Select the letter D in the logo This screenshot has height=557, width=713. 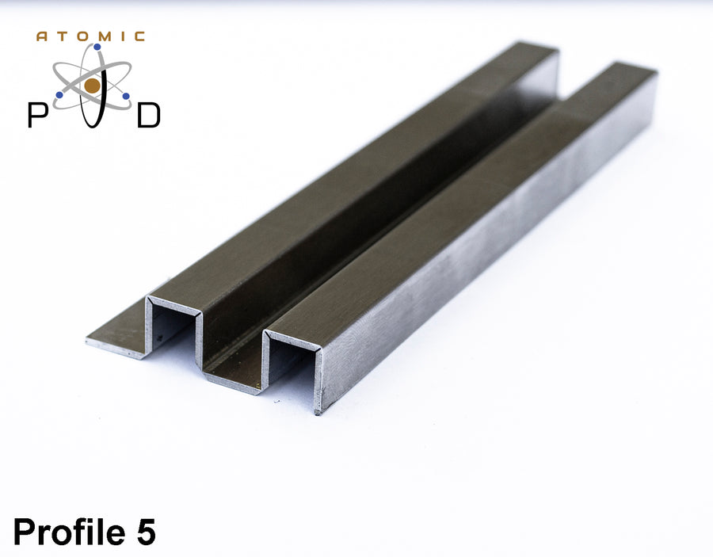[x=149, y=115]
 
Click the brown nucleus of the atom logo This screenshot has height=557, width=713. [x=93, y=86]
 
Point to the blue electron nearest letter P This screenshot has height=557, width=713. [x=59, y=96]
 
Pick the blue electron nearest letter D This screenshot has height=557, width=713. [x=126, y=96]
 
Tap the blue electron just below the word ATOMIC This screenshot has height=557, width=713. [x=97, y=48]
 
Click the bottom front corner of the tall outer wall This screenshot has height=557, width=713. [x=318, y=410]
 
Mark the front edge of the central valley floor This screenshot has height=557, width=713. [x=230, y=384]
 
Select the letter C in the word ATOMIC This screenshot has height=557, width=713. [x=140, y=36]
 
